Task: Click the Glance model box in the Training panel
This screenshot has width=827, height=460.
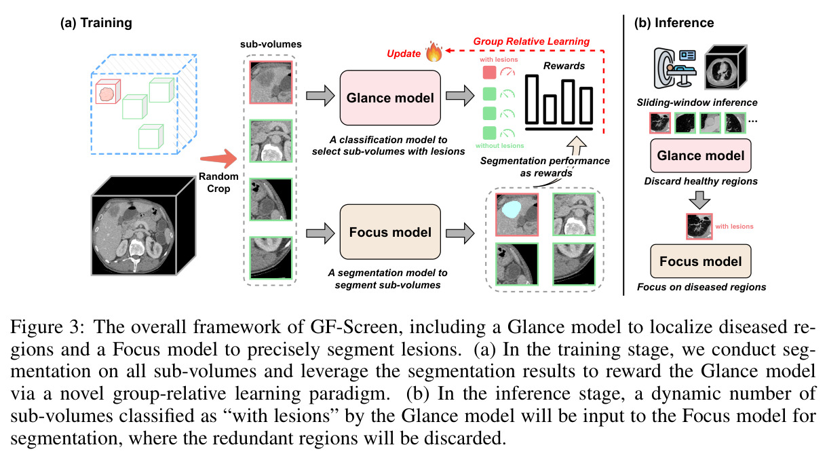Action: pos(390,98)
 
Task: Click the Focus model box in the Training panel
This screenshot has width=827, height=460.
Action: pos(390,232)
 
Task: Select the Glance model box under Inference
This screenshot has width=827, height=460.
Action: pos(700,155)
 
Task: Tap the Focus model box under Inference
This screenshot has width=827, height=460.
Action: pos(700,261)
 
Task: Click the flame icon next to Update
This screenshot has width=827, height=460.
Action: pos(434,52)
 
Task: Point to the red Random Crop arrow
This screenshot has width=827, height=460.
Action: pos(218,158)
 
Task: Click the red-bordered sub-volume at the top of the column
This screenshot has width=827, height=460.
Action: pos(271,82)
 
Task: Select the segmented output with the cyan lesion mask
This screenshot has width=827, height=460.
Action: pos(517,214)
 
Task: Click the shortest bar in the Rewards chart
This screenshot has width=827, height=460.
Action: pos(550,109)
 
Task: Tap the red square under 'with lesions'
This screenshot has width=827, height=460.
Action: pos(489,73)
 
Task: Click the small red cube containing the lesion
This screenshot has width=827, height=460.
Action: pos(108,92)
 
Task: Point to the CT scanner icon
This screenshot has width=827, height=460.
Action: pos(674,69)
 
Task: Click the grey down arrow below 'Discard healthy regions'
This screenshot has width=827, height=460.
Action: pos(699,200)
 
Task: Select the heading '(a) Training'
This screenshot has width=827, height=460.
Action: pos(96,23)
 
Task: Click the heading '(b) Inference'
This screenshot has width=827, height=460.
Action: pos(674,23)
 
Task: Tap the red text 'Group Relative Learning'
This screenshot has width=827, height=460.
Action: pos(531,41)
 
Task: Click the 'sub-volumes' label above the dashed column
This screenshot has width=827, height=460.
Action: pos(271,44)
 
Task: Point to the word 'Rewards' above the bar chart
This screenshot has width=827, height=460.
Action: pos(564,66)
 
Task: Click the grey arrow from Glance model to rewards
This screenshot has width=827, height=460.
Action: pos(460,96)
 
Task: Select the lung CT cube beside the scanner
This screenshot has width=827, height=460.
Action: pos(725,67)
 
